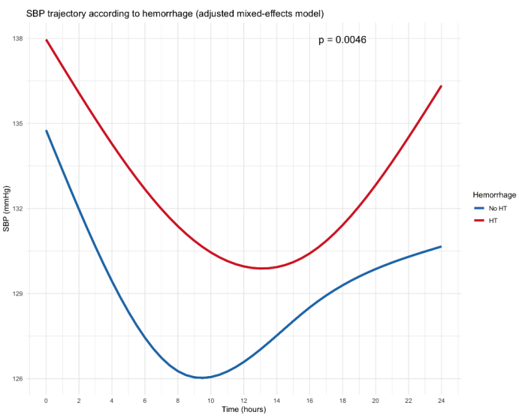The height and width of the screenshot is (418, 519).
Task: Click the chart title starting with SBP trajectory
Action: [175, 14]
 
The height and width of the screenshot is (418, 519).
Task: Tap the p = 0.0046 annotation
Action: [342, 40]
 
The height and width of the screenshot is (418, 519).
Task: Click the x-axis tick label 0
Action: [46, 401]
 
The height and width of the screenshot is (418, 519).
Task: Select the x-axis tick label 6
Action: [145, 401]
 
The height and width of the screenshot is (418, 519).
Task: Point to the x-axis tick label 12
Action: [243, 401]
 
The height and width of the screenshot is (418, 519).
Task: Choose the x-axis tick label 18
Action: [342, 401]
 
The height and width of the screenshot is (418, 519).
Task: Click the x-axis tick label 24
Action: [441, 401]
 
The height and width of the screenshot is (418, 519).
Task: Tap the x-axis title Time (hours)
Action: [244, 410]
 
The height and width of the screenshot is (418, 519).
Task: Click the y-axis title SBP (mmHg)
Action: [7, 209]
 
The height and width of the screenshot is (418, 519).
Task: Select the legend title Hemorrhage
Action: [494, 195]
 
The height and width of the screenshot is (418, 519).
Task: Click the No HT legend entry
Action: [490, 209]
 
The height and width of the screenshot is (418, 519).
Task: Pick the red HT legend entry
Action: [486, 221]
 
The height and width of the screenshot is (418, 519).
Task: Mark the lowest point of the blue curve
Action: [202, 377]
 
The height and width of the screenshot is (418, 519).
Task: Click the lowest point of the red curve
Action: [261, 268]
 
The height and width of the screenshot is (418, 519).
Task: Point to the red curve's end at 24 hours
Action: [441, 86]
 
